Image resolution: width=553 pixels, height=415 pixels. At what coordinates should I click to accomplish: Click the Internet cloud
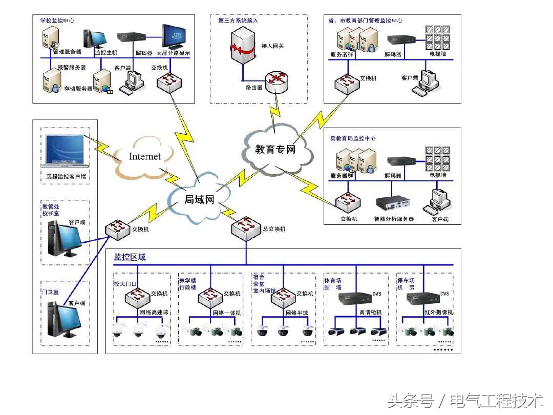click(144, 156)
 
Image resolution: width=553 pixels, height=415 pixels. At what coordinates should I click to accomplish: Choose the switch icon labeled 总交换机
click(246, 228)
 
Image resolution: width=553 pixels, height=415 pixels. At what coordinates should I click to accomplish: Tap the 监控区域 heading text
click(130, 257)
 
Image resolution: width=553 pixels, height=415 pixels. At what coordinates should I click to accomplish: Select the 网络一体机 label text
click(227, 313)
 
